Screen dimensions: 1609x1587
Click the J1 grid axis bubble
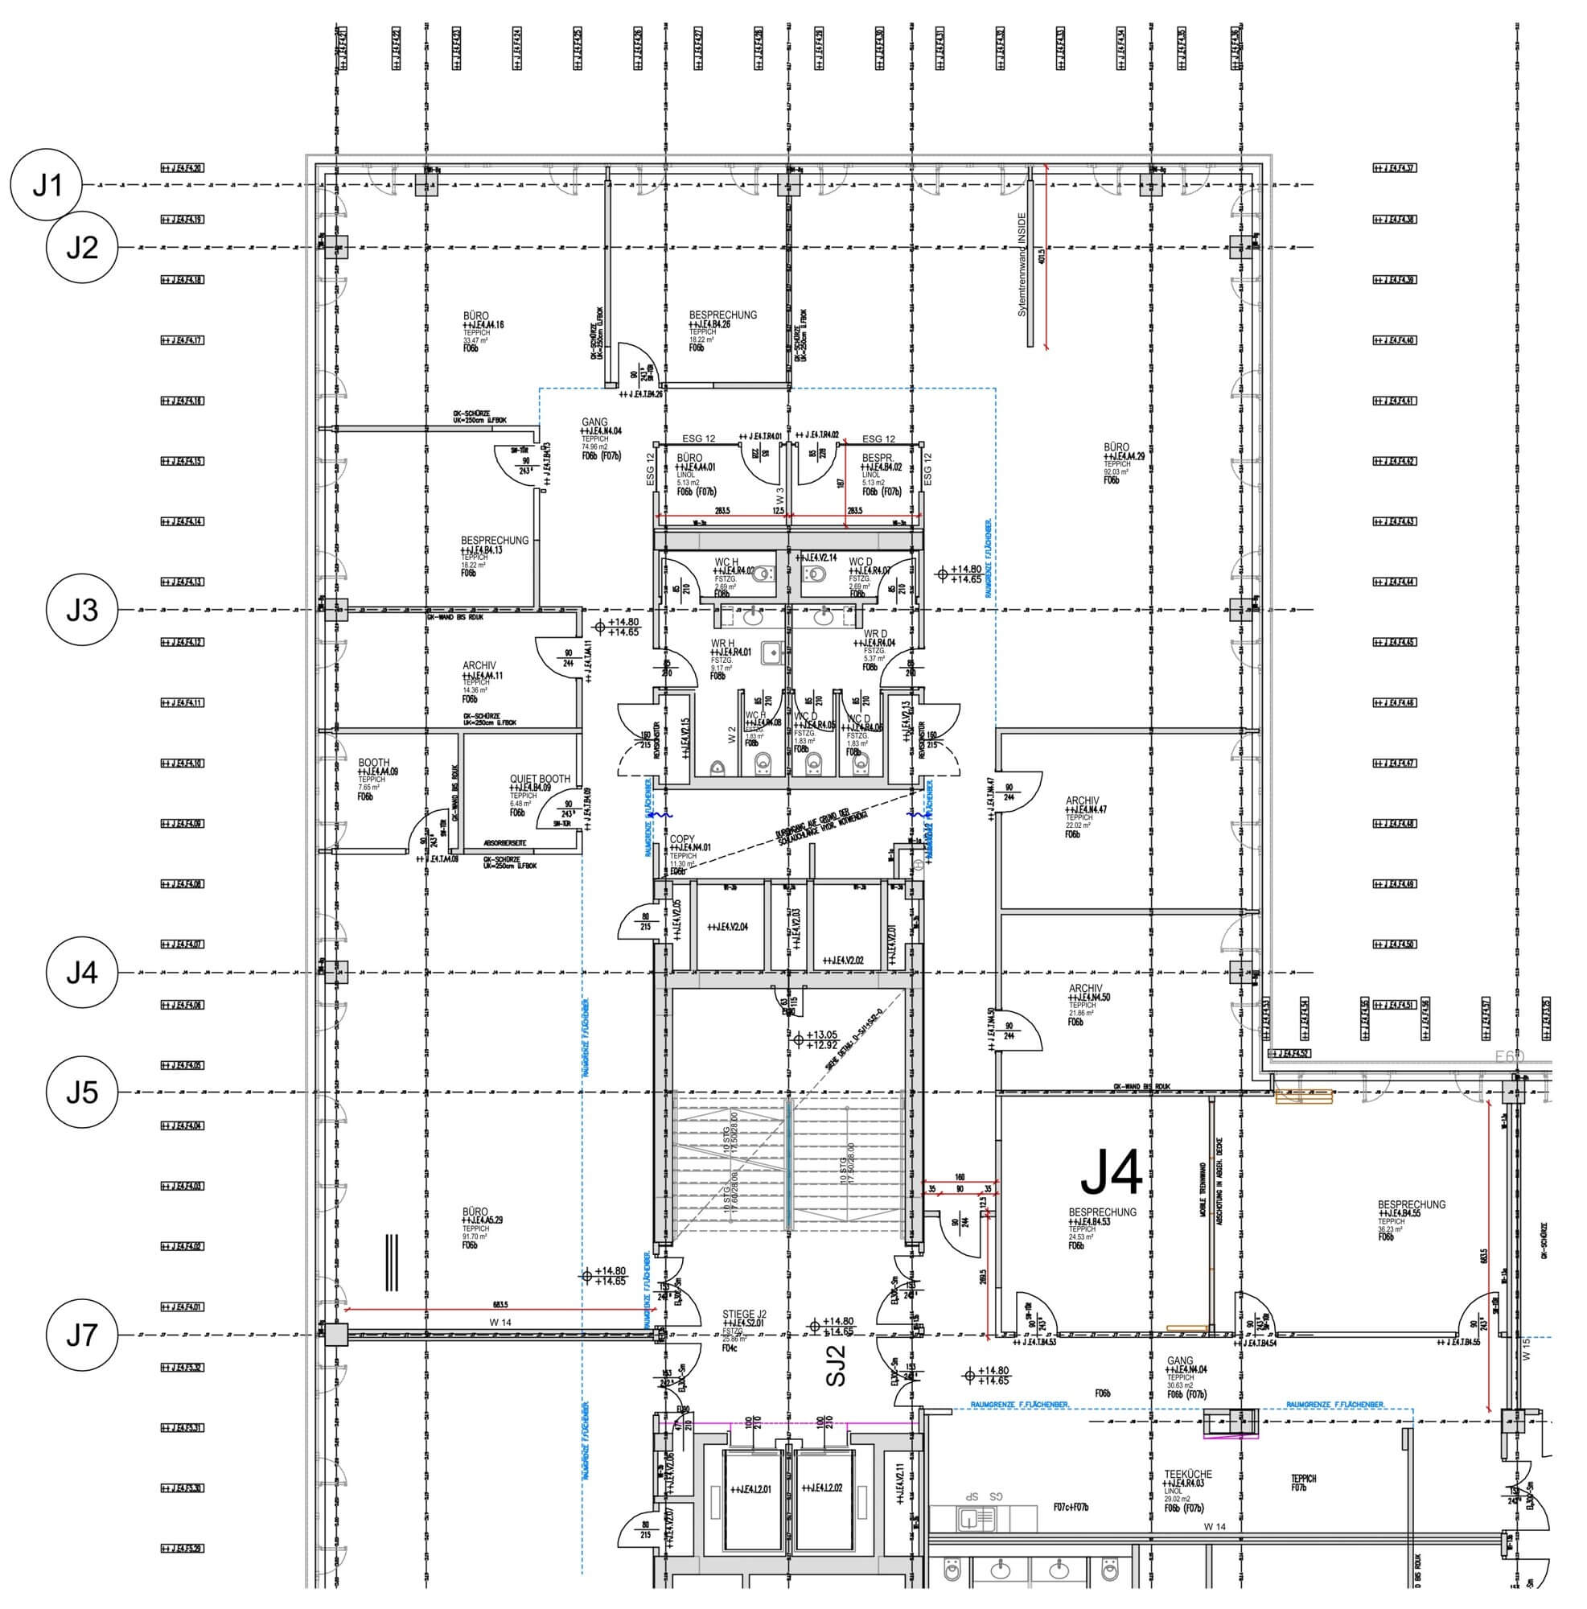coord(47,185)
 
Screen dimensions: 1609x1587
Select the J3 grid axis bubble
coord(81,611)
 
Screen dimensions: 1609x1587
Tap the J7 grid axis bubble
coord(81,1335)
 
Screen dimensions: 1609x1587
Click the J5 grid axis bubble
coord(81,1092)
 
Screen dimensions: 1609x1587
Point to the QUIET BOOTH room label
coord(540,780)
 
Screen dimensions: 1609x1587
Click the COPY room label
coord(682,839)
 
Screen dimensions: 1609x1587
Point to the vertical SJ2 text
coord(836,1366)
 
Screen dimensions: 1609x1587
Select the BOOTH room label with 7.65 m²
coord(374,763)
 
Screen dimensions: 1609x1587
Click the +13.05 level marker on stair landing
coord(820,1035)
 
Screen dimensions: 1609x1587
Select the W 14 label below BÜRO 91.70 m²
coord(500,1323)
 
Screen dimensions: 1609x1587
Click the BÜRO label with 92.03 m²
coord(1116,447)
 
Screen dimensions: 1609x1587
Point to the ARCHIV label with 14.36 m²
coord(479,665)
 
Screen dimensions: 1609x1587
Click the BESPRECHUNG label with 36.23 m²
coord(1412,1204)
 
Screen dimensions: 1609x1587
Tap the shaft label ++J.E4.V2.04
coord(728,926)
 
